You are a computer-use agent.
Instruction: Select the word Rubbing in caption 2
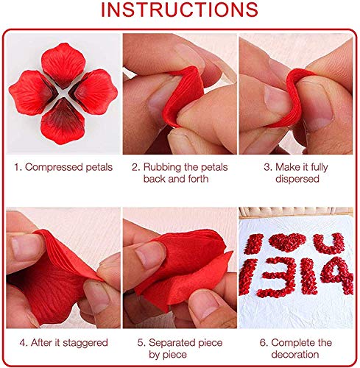click(160, 167)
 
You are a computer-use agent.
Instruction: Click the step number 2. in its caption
click(135, 167)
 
